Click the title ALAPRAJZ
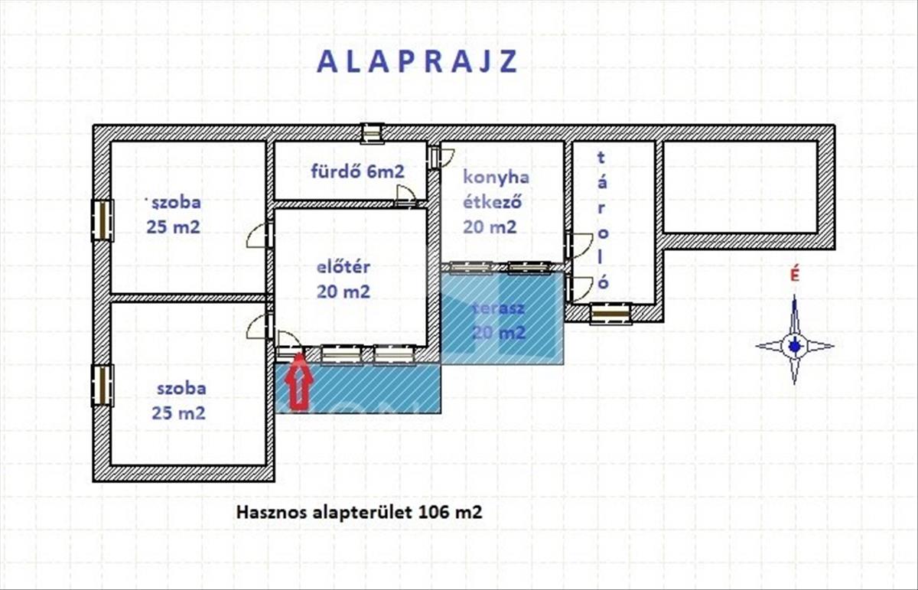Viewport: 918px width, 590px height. [417, 62]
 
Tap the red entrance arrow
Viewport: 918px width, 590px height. [299, 381]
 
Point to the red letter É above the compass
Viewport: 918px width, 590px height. [795, 275]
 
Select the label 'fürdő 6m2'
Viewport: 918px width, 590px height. [358, 171]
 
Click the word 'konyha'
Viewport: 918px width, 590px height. [496, 178]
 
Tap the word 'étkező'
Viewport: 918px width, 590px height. [492, 202]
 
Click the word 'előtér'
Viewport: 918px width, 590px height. [343, 267]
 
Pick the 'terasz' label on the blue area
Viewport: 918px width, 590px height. [498, 308]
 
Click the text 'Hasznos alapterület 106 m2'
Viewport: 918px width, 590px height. [359, 512]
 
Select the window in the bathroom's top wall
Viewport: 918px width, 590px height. [372, 133]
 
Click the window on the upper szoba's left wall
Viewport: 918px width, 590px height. [102, 220]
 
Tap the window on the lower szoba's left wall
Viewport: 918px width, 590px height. [102, 386]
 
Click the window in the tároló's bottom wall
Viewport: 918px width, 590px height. [610, 314]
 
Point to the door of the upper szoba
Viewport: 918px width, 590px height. [260, 236]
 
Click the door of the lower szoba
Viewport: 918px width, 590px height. [260, 326]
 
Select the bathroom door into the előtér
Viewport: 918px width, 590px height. [405, 196]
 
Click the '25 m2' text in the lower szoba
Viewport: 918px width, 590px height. [178, 413]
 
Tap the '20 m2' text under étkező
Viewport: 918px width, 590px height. [490, 227]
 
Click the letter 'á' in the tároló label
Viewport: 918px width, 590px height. [601, 182]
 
